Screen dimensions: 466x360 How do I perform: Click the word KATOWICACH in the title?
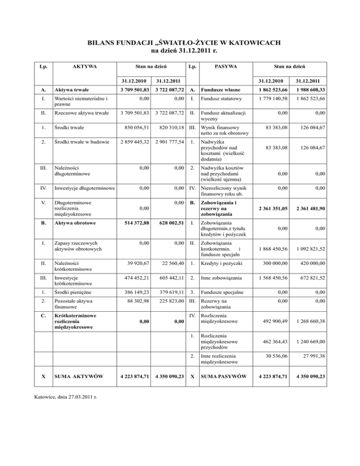coord(251,44)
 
